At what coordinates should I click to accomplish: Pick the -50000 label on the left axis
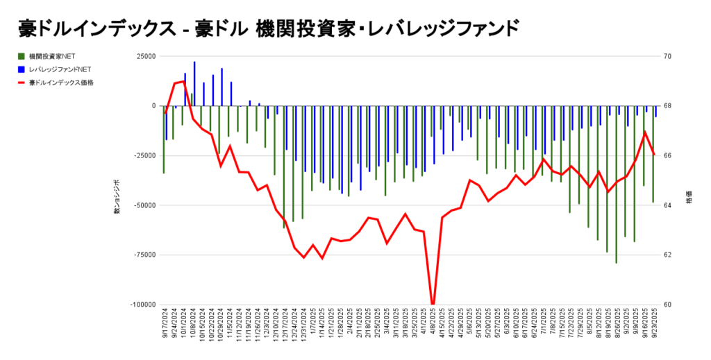pyautogui.click(x=144, y=205)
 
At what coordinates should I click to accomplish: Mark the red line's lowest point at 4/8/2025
pyautogui.click(x=433, y=303)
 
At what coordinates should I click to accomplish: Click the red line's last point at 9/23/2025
pyautogui.click(x=654, y=154)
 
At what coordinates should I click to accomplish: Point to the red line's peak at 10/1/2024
pyautogui.click(x=183, y=81)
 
